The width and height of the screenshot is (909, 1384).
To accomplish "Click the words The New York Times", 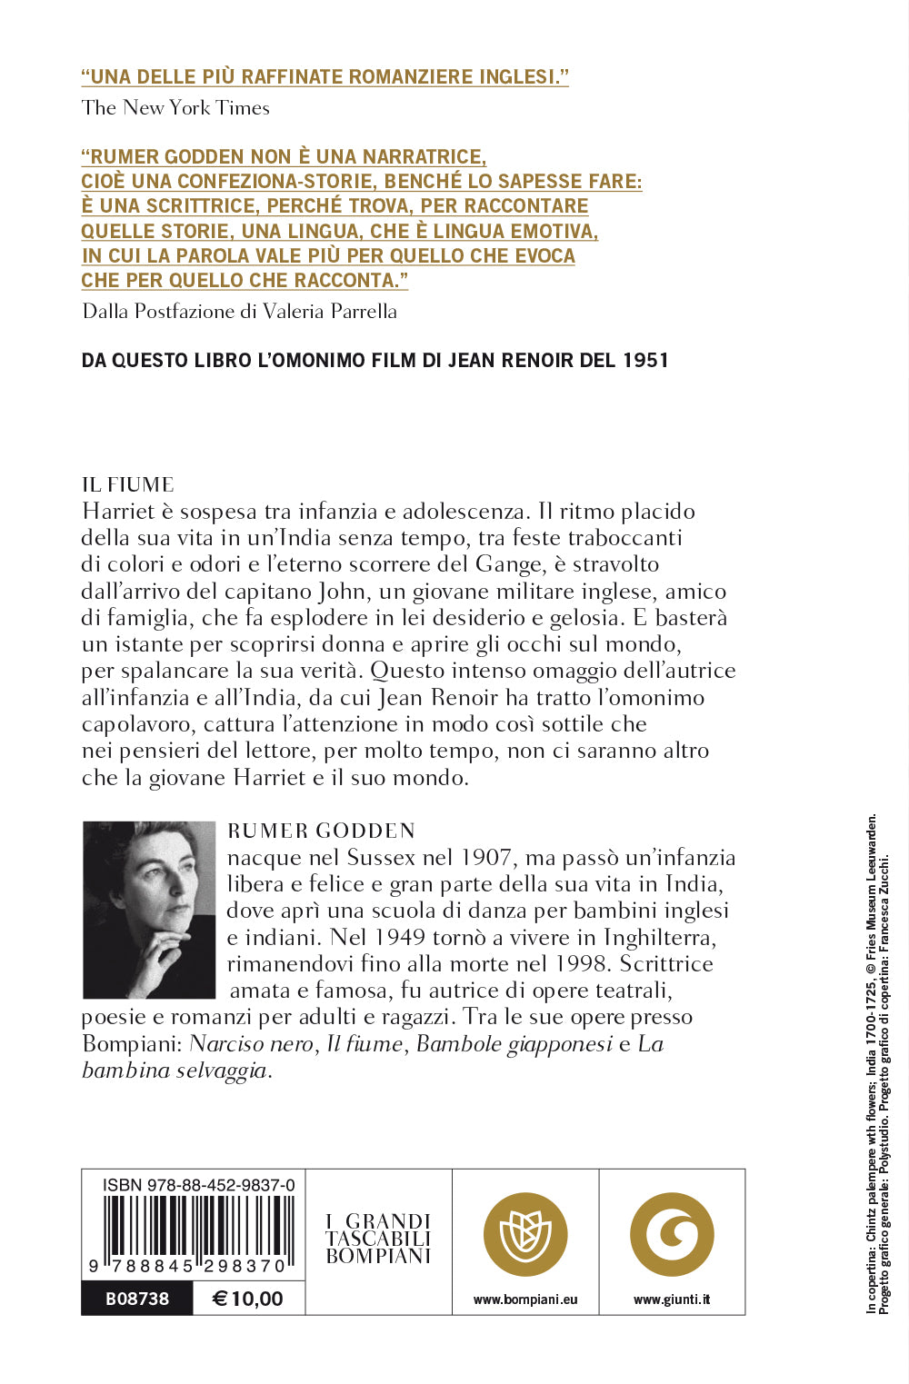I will click(x=175, y=108).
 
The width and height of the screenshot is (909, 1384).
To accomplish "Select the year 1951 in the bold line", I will click(x=645, y=361).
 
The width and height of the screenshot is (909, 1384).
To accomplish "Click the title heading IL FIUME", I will click(x=127, y=485).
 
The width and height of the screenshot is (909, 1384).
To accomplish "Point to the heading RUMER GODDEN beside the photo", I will click(x=321, y=831).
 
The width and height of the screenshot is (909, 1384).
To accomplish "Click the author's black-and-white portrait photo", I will click(x=149, y=910).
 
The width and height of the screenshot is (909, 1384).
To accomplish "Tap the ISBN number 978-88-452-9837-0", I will click(x=198, y=1185).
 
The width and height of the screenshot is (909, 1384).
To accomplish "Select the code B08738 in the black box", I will click(x=137, y=1299).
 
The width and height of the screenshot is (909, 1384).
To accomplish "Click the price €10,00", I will click(x=247, y=1299).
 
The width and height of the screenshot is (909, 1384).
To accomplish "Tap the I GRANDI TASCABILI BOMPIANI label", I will click(x=378, y=1239).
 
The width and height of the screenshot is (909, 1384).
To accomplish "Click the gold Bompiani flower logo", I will click(x=525, y=1235).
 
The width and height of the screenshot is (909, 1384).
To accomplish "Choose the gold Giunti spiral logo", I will click(x=672, y=1235).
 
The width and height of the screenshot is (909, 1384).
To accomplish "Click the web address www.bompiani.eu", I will click(x=525, y=1300).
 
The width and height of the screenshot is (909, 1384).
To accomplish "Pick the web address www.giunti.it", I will click(x=672, y=1300).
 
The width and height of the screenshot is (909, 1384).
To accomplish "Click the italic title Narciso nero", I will click(x=251, y=1044).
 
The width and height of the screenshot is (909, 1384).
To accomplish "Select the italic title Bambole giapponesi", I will click(x=514, y=1044).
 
